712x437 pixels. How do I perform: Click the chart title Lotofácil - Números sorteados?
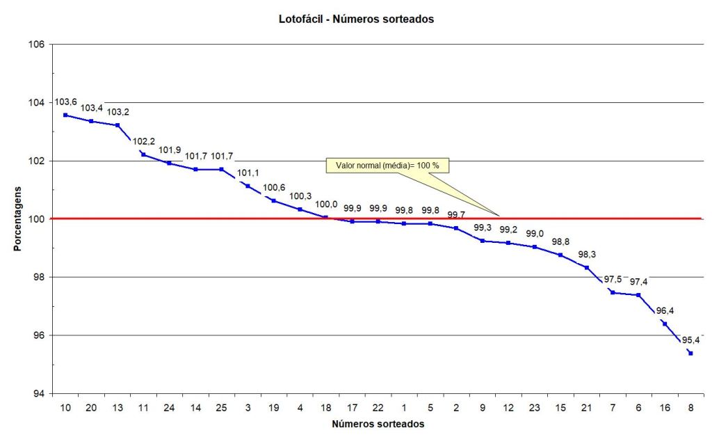[356, 19]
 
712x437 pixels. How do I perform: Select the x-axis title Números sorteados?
[378, 423]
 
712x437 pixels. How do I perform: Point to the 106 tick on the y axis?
[36, 45]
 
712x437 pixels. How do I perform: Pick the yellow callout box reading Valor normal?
[387, 166]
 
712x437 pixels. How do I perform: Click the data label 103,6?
[65, 102]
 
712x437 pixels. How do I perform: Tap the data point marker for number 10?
[65, 115]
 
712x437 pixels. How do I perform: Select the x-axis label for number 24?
[169, 406]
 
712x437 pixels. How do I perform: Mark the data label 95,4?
[690, 340]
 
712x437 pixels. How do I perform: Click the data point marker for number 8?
[690, 353]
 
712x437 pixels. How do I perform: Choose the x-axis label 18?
[325, 406]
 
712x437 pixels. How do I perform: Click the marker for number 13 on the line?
[118, 125]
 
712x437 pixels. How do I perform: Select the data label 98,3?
[587, 255]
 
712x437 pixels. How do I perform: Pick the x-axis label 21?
[586, 406]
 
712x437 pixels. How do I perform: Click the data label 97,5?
[613, 279]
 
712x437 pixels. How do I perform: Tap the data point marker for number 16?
[665, 324]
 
